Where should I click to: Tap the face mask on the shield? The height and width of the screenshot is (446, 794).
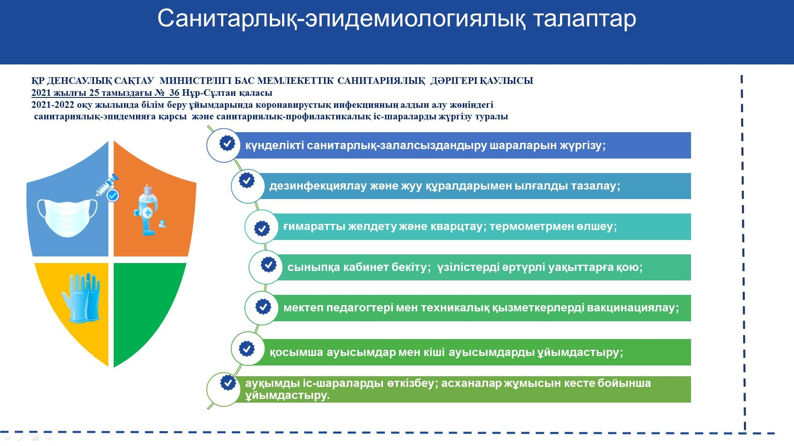(x=67, y=218)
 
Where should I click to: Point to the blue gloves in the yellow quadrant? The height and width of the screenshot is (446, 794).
(x=81, y=297)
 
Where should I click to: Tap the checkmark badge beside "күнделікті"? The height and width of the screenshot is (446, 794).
(x=227, y=143)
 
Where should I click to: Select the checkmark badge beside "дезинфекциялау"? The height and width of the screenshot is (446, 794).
(x=247, y=180)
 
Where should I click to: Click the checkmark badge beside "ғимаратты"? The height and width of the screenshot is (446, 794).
(x=262, y=228)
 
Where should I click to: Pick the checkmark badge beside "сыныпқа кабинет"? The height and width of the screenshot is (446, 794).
(x=268, y=264)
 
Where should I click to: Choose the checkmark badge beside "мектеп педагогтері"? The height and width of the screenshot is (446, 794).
(x=263, y=307)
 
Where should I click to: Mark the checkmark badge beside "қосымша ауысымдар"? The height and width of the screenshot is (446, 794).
(x=247, y=349)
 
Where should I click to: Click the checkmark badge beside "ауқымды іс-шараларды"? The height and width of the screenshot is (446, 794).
(x=228, y=382)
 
